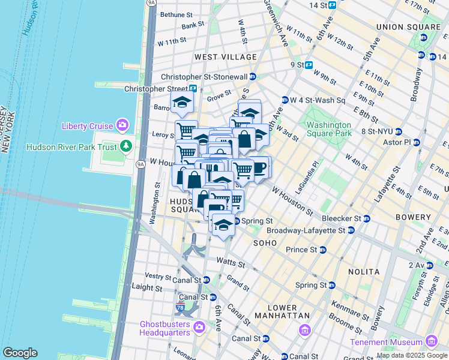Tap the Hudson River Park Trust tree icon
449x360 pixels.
126,146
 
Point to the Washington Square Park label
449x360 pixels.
328,129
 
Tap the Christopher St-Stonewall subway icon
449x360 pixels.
253,77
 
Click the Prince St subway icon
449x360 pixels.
322,250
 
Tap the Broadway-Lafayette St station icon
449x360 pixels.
351,230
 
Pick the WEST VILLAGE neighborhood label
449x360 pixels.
225,57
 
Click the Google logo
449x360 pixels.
20,353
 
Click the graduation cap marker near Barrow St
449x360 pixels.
182,102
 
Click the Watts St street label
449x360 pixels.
231,263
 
